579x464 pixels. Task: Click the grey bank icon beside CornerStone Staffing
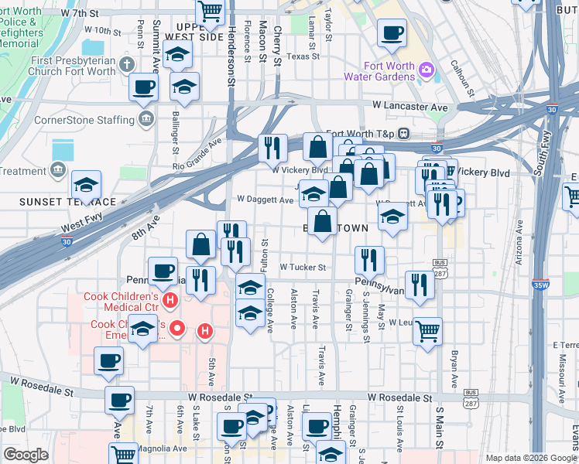pyautogui.click(x=145, y=118)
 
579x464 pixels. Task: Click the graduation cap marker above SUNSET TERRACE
pyautogui.click(x=86, y=186)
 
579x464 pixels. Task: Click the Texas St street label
pyautogui.click(x=303, y=56)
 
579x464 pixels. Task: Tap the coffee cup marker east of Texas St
pyautogui.click(x=392, y=34)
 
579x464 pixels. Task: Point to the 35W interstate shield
pyautogui.click(x=540, y=284)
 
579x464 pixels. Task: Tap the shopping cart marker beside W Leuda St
pyautogui.click(x=427, y=332)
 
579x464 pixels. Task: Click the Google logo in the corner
pyautogui.click(x=26, y=455)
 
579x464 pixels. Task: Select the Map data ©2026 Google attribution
pyautogui.click(x=529, y=458)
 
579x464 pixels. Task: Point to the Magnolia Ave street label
pyautogui.click(x=163, y=449)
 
